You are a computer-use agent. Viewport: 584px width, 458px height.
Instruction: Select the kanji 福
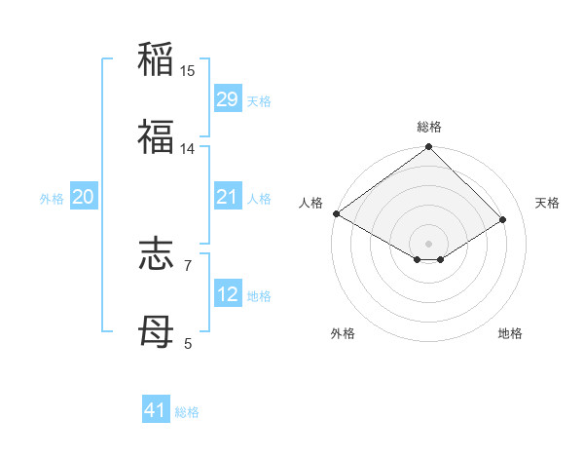click(156, 136)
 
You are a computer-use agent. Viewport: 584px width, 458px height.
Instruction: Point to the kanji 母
click(156, 331)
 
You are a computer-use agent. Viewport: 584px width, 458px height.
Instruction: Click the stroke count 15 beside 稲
click(188, 71)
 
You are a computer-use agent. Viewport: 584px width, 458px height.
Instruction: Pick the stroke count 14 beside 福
click(188, 149)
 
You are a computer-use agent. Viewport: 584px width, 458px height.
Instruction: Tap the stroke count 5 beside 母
click(188, 344)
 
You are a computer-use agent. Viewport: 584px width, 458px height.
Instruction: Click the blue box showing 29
click(228, 99)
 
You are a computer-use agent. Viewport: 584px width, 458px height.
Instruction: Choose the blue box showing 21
click(228, 197)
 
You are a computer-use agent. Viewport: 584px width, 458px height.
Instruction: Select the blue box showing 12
click(228, 294)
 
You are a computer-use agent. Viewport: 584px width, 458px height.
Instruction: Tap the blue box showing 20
click(84, 197)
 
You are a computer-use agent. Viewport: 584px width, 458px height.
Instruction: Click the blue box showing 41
click(156, 411)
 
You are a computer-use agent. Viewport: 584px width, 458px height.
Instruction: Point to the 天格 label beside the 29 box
click(259, 100)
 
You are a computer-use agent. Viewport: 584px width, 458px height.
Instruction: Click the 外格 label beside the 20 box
click(52, 198)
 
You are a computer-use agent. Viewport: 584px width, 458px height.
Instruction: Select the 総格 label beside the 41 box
click(187, 412)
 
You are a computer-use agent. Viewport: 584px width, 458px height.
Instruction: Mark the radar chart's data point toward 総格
click(428, 148)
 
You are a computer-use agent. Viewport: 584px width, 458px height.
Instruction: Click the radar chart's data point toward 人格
click(336, 213)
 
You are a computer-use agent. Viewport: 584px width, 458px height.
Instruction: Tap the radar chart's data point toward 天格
click(503, 220)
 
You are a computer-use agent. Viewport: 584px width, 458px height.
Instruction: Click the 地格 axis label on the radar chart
click(510, 333)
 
